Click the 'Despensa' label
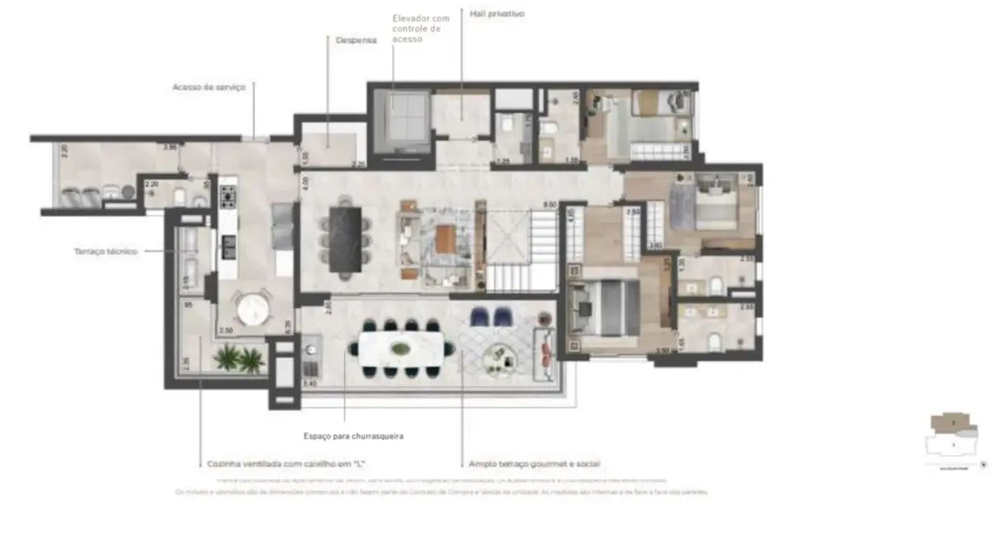[x=356, y=40]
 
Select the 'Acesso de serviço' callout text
[x=209, y=87]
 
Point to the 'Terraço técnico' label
[x=105, y=252]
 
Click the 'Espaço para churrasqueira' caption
[x=353, y=435]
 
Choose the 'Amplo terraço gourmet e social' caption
[x=534, y=464]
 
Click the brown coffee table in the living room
[x=445, y=240]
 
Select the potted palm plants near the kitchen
[x=238, y=359]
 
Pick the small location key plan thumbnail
[x=954, y=439]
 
